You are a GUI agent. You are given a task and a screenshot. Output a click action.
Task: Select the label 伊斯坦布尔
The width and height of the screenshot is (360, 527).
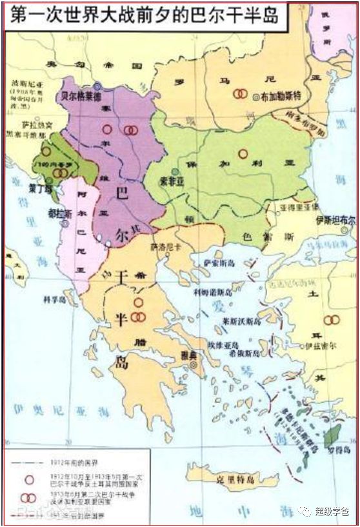pos(335,220)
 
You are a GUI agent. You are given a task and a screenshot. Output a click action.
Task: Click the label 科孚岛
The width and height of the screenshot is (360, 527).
pos(55,299)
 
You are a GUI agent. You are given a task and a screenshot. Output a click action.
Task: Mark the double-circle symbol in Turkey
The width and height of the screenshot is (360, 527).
pos(331,319)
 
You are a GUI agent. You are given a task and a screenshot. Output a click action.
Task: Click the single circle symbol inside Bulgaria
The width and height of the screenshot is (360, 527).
pos(243,154)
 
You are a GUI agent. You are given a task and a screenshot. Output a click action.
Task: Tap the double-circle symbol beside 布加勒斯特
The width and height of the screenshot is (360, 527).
pos(239,94)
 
